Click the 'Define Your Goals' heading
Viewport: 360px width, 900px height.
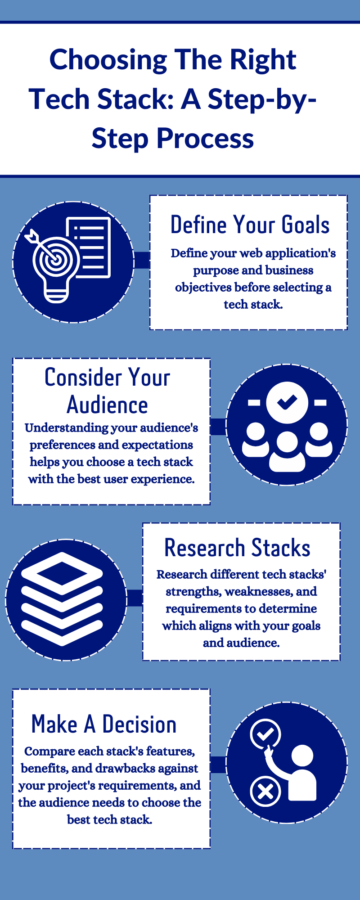tap(250, 225)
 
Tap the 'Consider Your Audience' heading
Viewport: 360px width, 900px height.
tap(107, 391)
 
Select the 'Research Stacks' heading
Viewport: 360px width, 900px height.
tap(237, 548)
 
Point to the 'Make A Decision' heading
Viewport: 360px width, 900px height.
tap(104, 724)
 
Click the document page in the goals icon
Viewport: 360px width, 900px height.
tap(89, 247)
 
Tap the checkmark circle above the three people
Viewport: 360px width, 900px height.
tap(287, 402)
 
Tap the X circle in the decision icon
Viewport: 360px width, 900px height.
tap(265, 791)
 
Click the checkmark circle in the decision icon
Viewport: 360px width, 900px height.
tap(265, 733)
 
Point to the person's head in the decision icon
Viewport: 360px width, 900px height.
tap(302, 756)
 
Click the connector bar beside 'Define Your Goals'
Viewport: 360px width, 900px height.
tap(142, 260)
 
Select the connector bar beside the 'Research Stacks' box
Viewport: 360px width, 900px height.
tap(135, 598)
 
